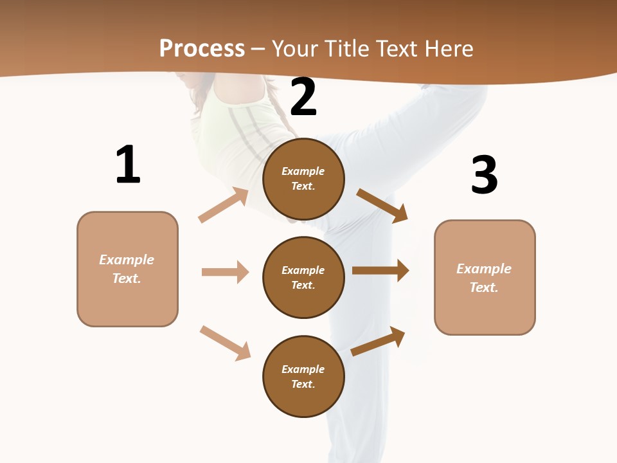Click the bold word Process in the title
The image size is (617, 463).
pos(202,49)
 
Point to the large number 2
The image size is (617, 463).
pos(303,97)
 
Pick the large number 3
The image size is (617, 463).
pos(484,175)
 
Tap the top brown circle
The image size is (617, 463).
pos(303,179)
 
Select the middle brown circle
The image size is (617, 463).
pos(303,277)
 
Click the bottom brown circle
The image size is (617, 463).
pos(303,376)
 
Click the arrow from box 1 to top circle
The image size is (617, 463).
pos(224,205)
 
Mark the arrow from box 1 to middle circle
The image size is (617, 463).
pos(225,272)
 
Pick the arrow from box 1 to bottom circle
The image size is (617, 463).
pos(225,343)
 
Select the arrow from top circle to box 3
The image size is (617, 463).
pos(382,205)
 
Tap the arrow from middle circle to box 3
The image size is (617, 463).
pos(380,271)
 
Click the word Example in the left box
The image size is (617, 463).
pos(127,260)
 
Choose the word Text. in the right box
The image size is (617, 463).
pos(484,287)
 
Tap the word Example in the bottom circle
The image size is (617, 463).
pos(303,369)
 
